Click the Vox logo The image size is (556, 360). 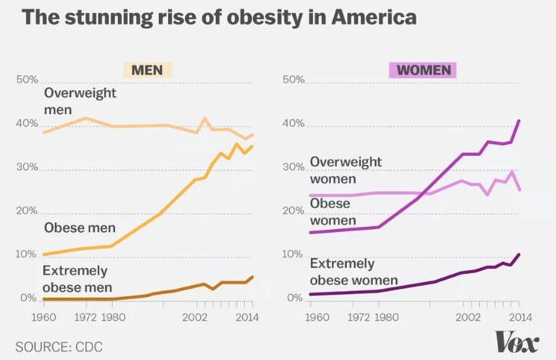(516, 339)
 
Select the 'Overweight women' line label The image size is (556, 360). (346, 170)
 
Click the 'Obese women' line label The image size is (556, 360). (331, 211)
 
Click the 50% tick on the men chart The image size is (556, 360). (28, 80)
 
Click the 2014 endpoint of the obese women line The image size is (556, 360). (519, 121)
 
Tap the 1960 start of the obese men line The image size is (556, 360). (43, 254)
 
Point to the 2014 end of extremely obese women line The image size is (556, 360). (519, 254)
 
